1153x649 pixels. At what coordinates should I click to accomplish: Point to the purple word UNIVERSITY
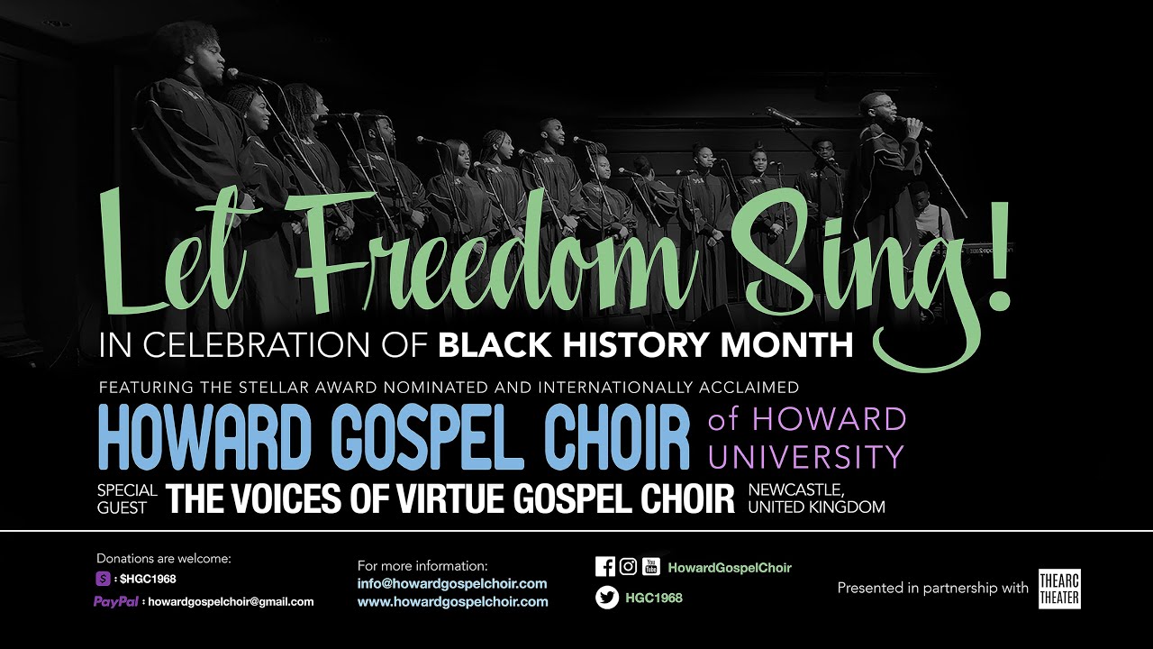(x=804, y=457)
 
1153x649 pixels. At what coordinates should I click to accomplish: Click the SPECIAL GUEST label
(x=127, y=498)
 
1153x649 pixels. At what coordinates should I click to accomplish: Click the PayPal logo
(x=115, y=601)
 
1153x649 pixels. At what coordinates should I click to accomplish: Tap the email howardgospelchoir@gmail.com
(x=231, y=601)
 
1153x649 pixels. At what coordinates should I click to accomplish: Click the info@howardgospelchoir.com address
(x=451, y=583)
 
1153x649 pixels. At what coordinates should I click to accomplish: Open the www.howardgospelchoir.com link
(x=452, y=601)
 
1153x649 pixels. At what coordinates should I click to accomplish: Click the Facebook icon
(x=605, y=567)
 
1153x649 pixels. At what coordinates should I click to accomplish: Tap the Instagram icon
(x=628, y=567)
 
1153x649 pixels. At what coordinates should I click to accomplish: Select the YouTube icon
(x=650, y=567)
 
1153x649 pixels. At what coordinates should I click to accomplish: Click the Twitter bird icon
(x=606, y=598)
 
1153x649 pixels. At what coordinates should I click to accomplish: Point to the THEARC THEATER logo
(x=1058, y=589)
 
